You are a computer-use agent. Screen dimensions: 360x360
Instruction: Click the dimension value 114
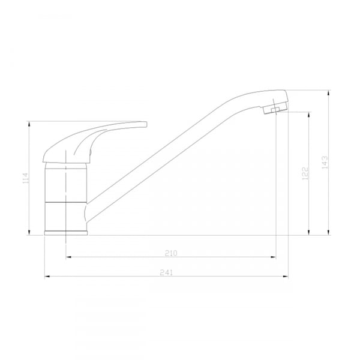(26, 178)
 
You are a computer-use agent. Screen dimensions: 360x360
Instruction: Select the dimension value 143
(325, 163)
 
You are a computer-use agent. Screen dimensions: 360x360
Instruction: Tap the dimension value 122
(305, 173)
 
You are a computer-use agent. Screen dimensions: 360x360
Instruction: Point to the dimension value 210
(171, 253)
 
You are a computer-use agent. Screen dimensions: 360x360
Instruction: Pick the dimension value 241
(166, 272)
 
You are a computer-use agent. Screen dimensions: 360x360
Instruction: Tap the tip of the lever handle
(146, 124)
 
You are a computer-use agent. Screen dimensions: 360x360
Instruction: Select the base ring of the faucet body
(66, 233)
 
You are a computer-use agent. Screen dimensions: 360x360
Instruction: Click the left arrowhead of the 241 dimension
(47, 277)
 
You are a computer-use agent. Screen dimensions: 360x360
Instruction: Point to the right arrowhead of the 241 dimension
(286, 277)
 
